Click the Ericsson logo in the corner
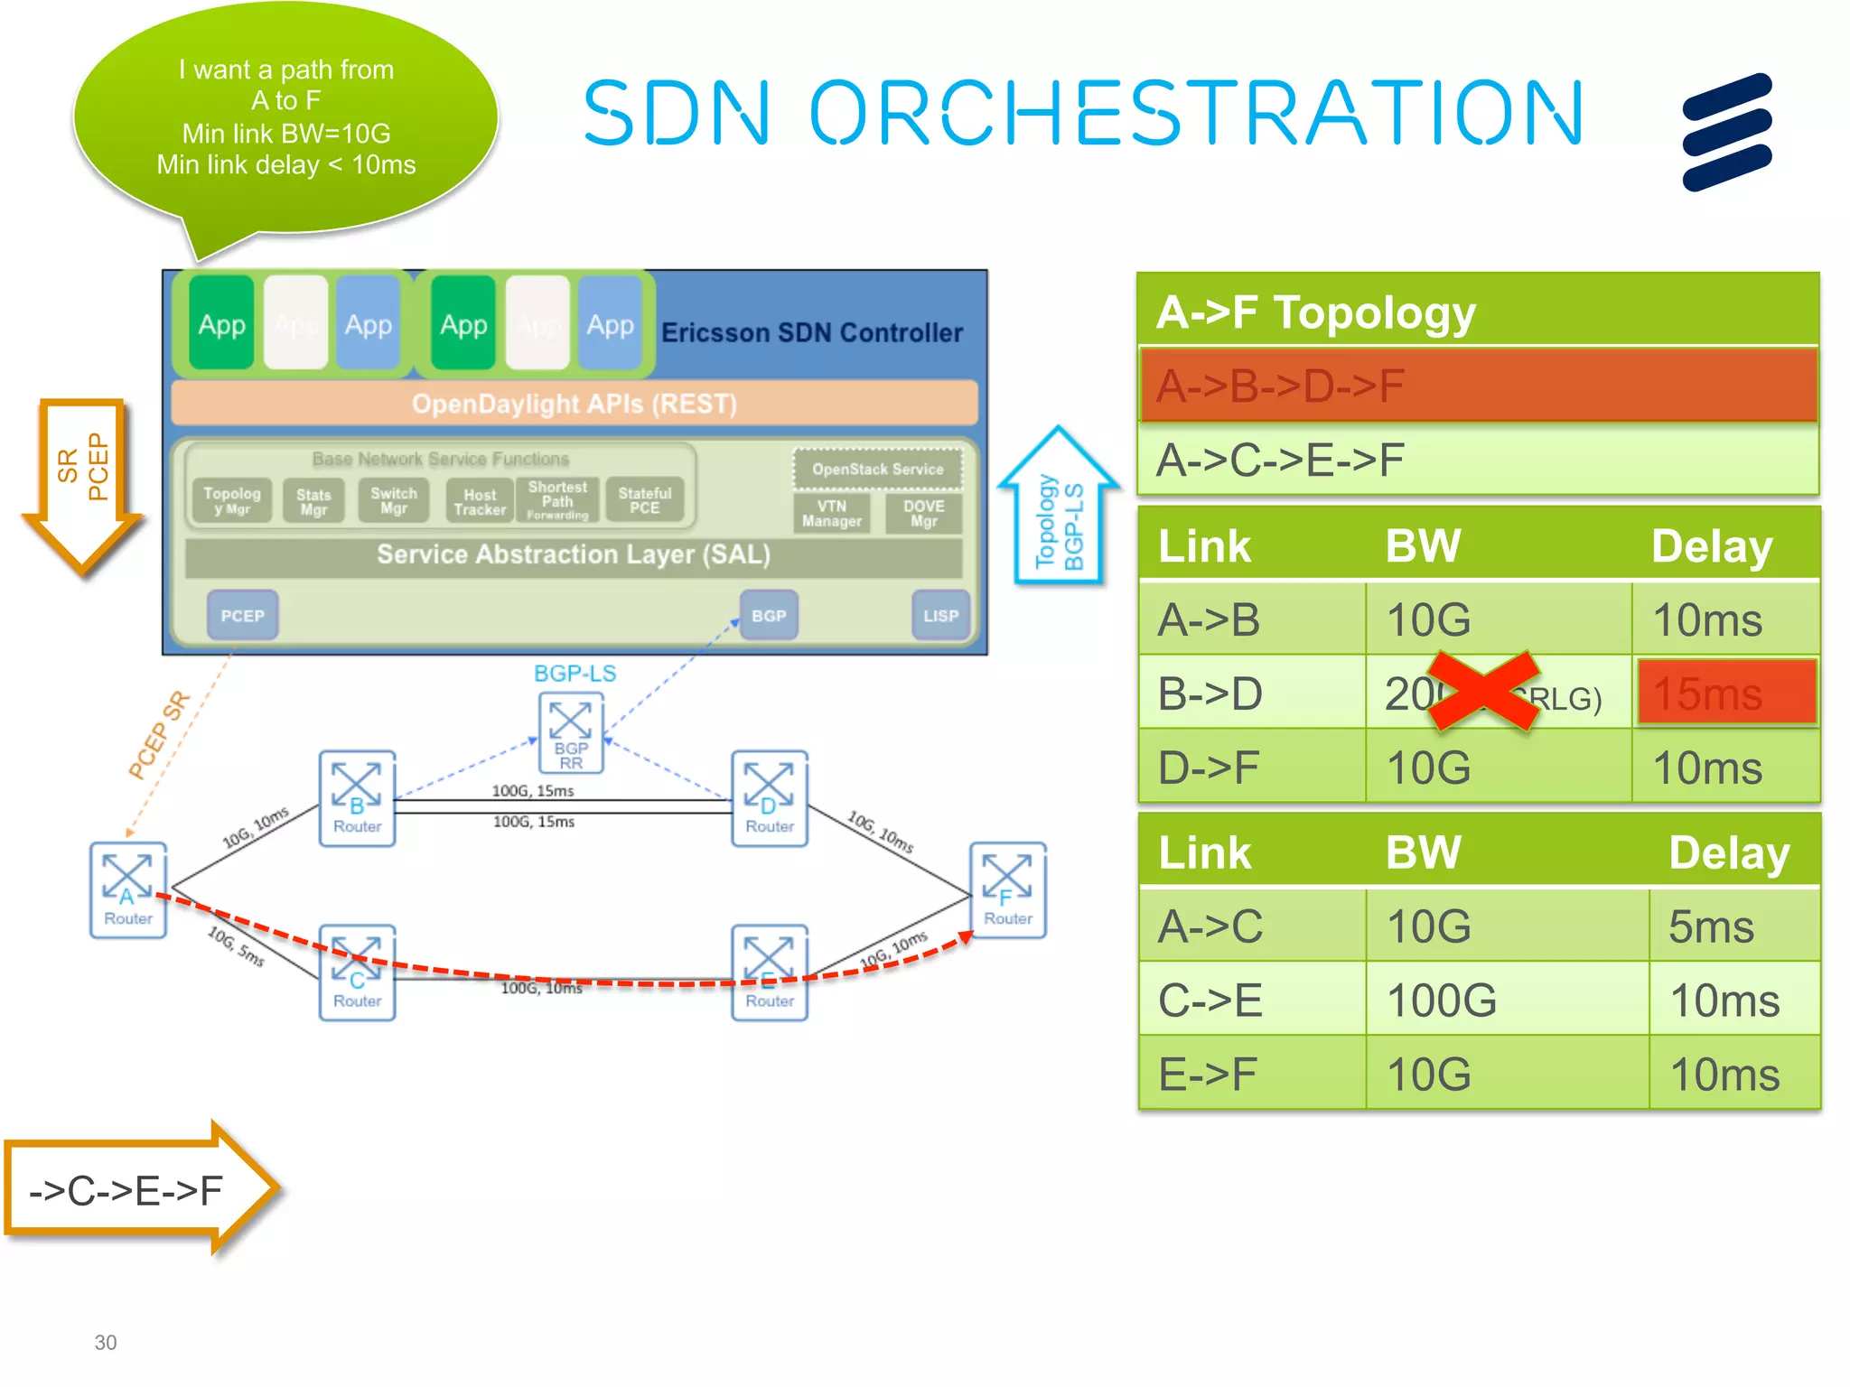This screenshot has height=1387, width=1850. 1726,132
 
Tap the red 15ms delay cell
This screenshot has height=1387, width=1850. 1725,693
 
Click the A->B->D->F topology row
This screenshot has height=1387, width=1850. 1478,386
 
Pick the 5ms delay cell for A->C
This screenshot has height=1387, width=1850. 1733,926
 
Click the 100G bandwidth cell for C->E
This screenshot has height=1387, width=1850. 1505,1001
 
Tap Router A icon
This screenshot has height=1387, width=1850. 127,889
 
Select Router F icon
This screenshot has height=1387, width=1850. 1007,889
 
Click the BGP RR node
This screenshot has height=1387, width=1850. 571,732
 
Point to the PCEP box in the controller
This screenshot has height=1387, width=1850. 242,615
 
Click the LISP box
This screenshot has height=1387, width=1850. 940,615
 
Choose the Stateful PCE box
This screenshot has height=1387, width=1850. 644,500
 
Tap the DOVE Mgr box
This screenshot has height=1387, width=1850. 923,513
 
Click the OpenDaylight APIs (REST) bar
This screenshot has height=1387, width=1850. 575,404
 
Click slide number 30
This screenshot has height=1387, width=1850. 106,1342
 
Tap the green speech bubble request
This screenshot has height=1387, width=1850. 285,117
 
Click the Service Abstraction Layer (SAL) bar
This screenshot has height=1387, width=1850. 574,554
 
